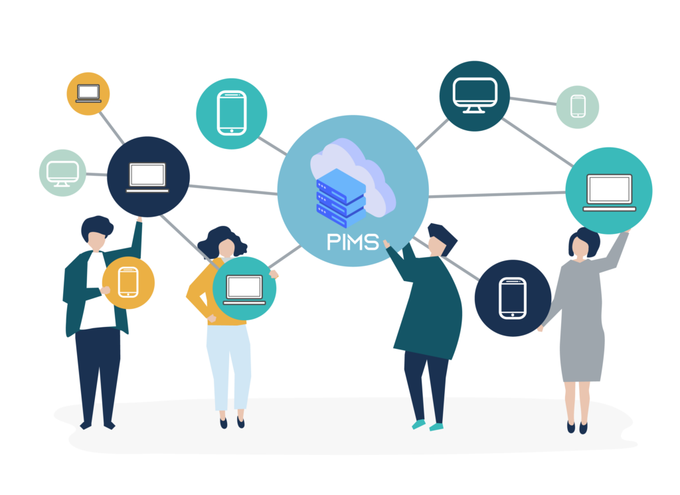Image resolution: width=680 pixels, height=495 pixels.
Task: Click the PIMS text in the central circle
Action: (353, 241)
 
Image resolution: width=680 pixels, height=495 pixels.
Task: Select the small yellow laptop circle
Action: (88, 94)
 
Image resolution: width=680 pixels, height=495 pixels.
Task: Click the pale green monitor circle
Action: (62, 173)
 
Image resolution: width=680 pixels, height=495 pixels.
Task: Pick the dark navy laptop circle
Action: (148, 177)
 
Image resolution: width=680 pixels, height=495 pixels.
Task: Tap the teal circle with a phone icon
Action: (231, 114)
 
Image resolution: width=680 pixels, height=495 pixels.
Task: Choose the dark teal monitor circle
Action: (474, 96)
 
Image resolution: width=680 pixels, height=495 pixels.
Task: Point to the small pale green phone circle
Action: (578, 107)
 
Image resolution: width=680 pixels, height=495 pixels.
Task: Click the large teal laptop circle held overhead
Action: (609, 191)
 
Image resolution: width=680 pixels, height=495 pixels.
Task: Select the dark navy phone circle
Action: (513, 298)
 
